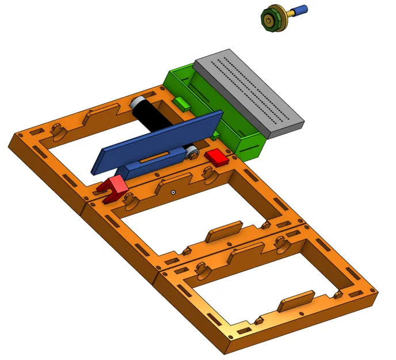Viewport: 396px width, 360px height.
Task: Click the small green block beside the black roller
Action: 182,104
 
